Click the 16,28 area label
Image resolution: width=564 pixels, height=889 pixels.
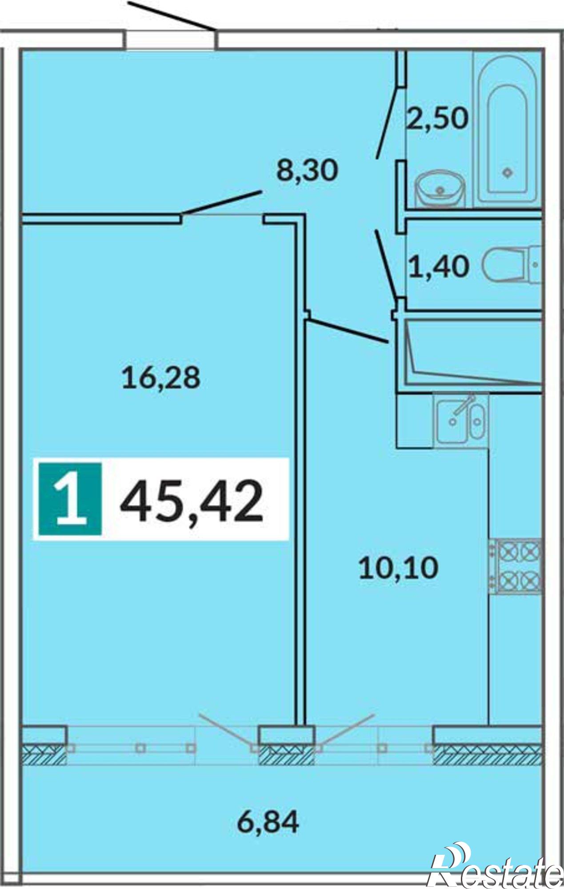[x=161, y=378]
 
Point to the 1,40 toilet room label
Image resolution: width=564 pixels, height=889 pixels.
[x=439, y=267]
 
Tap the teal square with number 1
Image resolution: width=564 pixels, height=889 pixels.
[x=70, y=498]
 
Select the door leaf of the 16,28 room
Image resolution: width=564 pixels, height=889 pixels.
[x=222, y=203]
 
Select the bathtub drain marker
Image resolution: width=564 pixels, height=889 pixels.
[x=507, y=172]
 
